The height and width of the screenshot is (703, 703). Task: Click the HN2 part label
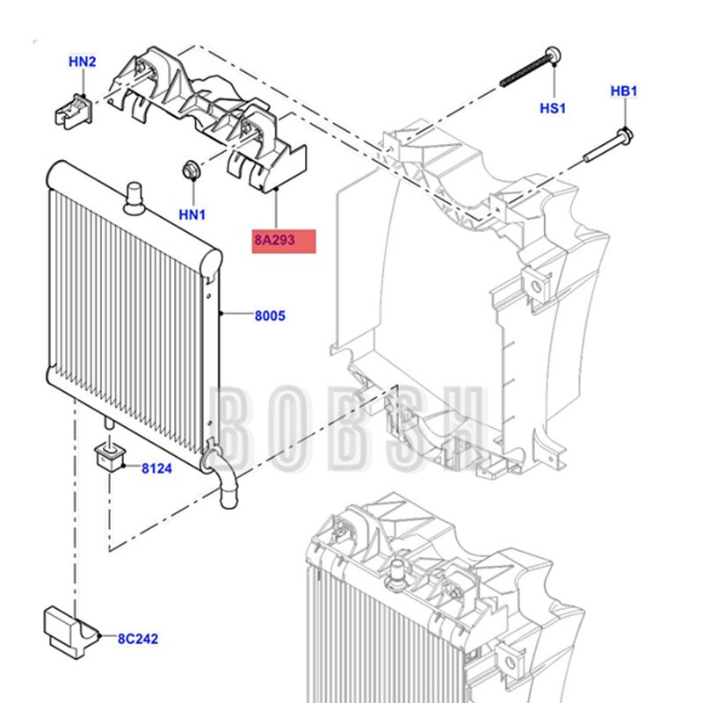point(82,62)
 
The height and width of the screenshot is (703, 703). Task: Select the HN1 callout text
point(192,214)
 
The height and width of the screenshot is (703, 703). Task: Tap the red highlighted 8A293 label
point(284,241)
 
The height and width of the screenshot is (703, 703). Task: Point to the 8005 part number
point(270,315)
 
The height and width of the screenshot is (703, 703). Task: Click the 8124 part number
point(156,468)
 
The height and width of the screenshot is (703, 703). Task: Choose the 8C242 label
point(138,639)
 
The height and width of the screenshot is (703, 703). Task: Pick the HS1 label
point(553,108)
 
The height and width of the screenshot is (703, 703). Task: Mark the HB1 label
point(624,91)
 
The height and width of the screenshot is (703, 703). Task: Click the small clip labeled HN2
point(74,112)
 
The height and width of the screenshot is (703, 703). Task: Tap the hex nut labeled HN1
point(192,170)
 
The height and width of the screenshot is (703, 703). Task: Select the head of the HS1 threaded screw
point(554,55)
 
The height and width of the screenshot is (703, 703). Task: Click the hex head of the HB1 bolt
point(625,134)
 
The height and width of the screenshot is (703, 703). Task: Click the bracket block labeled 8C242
point(71,632)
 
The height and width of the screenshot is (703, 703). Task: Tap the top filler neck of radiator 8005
point(134,199)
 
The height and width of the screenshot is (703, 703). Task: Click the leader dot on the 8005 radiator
point(221,314)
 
